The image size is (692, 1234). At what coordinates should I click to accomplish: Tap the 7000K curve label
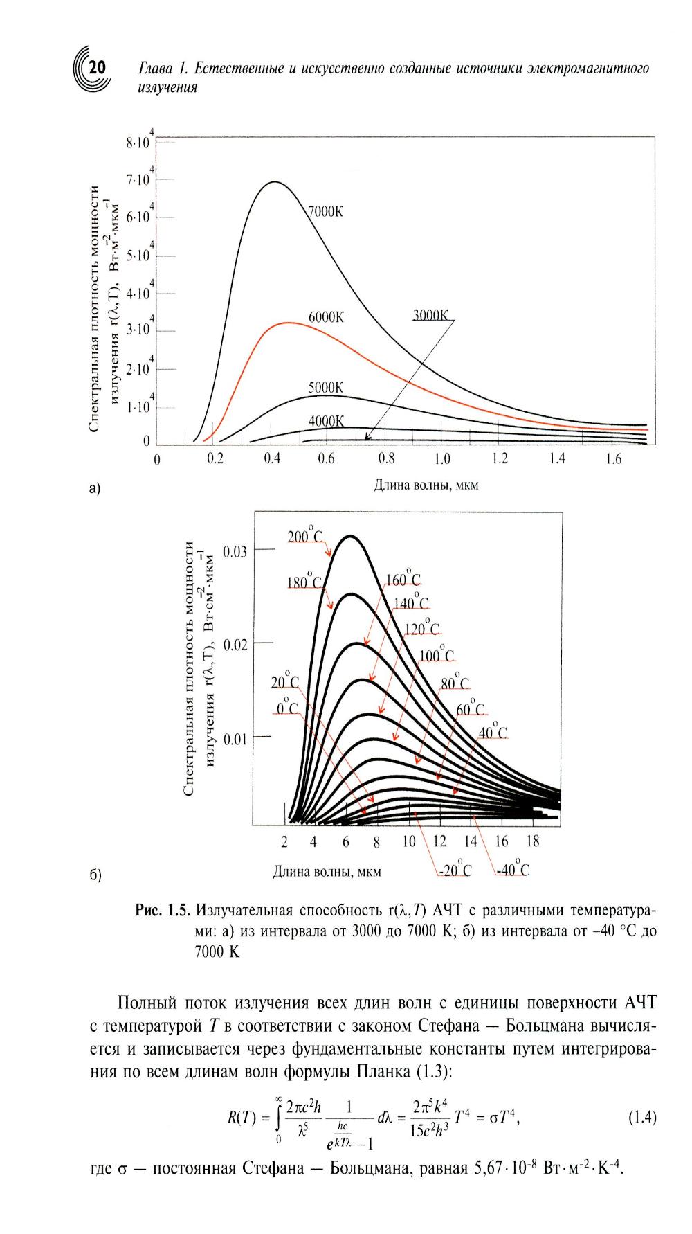pos(325,212)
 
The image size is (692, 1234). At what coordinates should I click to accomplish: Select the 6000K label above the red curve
pos(326,317)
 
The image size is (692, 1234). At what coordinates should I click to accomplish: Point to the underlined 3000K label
pos(431,315)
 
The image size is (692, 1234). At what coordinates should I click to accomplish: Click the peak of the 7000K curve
pos(275,182)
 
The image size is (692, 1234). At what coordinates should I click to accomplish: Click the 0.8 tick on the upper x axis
pos(386,458)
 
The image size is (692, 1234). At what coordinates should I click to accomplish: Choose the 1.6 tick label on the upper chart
pos(613,458)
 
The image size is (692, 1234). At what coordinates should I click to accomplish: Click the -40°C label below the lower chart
pos(513,870)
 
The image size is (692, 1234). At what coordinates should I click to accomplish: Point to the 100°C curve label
pos(437,656)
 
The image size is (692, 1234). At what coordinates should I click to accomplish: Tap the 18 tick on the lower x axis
pos(532,841)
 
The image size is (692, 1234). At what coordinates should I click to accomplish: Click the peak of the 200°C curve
pos(350,536)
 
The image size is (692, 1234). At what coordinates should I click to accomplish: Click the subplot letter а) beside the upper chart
pos(95,489)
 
